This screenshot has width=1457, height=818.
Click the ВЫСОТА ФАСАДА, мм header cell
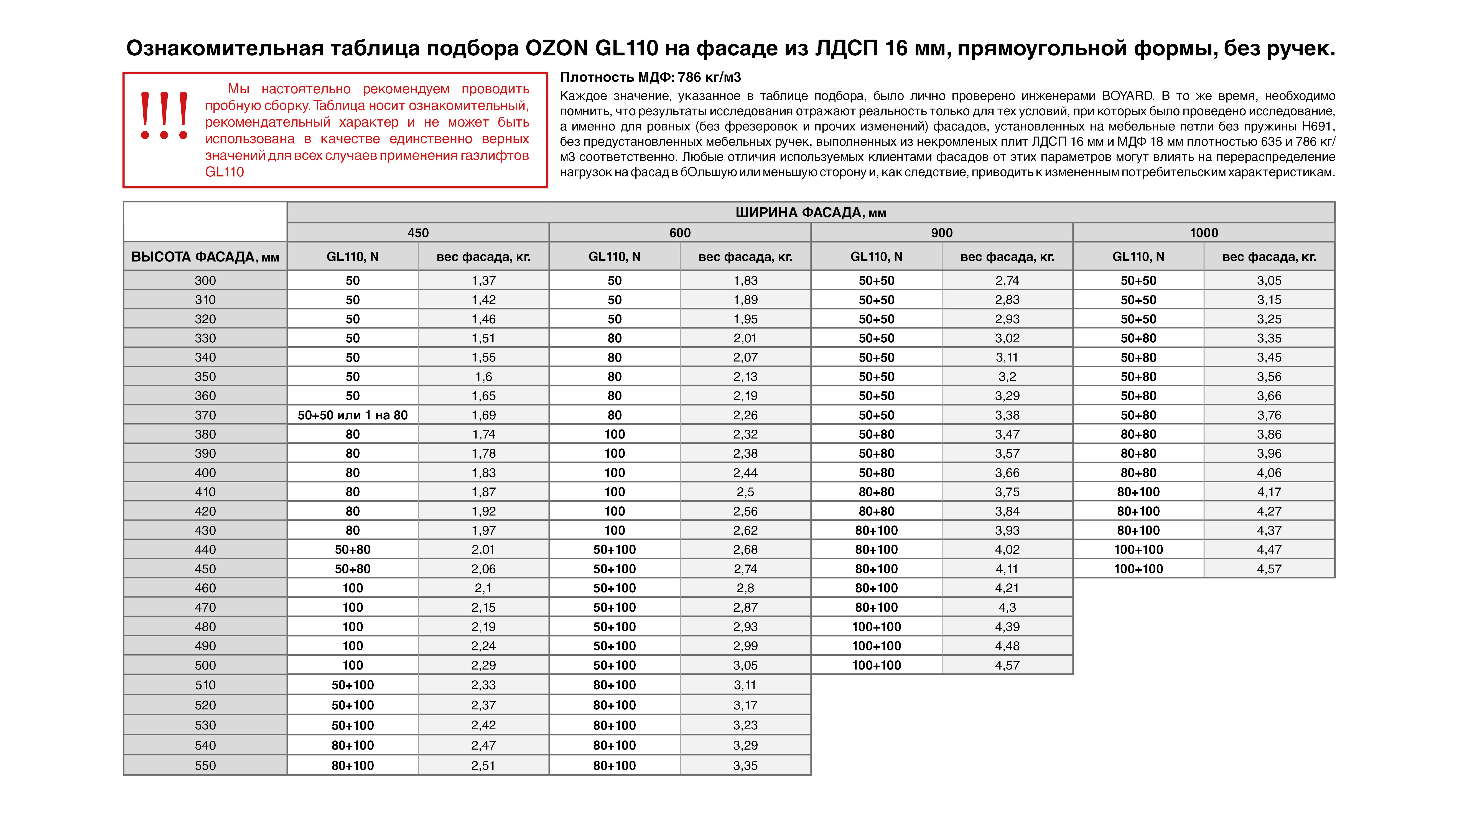(205, 257)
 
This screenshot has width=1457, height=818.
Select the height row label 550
(205, 765)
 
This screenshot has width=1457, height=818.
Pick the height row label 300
(205, 280)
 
